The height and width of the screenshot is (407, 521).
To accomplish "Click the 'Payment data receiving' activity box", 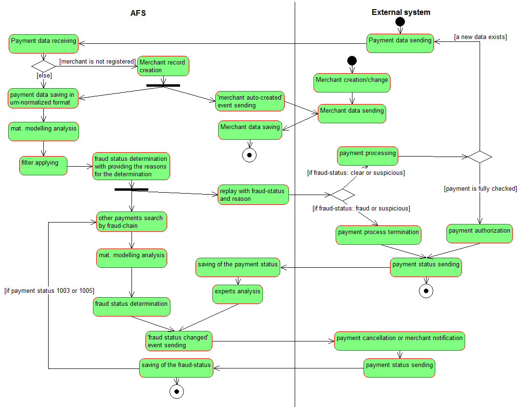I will click(44, 43).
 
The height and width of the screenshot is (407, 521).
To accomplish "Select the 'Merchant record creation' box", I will click(163, 66).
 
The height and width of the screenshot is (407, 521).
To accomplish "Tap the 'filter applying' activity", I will click(43, 165).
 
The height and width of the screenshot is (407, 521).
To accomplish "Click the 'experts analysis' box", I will click(237, 294).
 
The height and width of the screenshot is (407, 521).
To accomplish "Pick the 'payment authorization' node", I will click(479, 233).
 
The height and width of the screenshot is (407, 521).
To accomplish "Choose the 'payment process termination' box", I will click(378, 235).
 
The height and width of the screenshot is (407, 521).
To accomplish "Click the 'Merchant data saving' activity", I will click(249, 130).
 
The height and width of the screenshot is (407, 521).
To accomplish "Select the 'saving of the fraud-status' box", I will click(176, 368).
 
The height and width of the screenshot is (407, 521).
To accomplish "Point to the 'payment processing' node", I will click(367, 156).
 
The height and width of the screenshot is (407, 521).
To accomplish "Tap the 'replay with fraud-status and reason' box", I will click(253, 195).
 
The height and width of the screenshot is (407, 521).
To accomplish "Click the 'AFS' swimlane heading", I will click(138, 13).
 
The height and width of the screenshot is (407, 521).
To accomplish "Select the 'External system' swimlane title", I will click(401, 13).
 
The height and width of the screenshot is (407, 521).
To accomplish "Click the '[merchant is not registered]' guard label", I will click(97, 61).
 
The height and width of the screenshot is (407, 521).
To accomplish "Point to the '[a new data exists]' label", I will click(480, 37).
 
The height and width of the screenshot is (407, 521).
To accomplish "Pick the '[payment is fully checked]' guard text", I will click(480, 188).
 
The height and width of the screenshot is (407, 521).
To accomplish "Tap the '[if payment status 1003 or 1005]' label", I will click(49, 290).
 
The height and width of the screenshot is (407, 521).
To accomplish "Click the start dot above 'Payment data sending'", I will click(400, 22).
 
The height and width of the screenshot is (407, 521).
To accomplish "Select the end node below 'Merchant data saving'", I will click(249, 155).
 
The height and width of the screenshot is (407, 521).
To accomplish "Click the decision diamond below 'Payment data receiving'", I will click(43, 65).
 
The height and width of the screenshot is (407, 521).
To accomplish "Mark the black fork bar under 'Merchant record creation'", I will click(163, 85).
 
